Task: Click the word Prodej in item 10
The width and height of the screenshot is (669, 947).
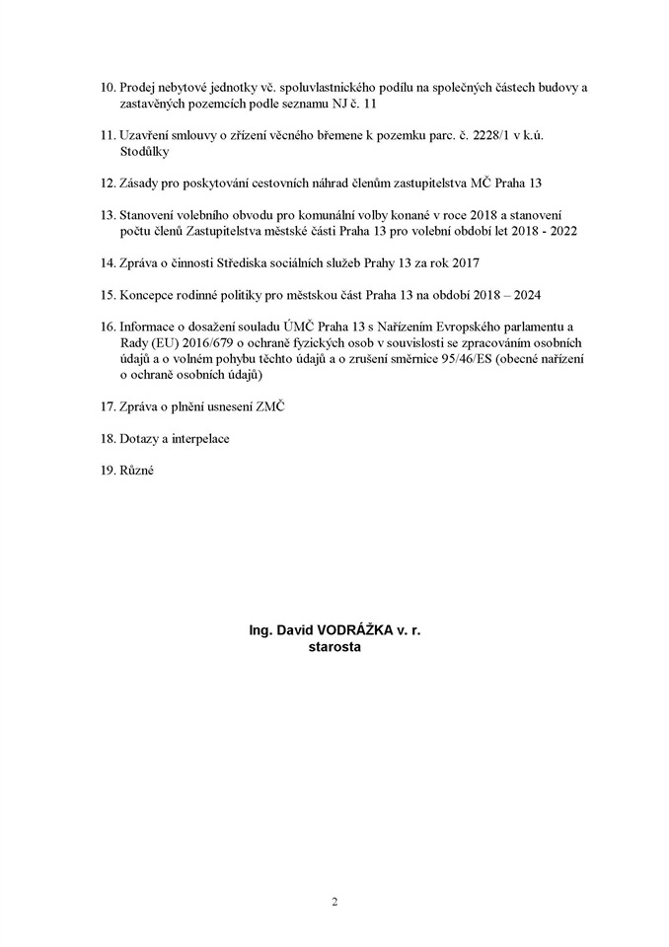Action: tap(137, 88)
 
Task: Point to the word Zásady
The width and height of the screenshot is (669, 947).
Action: tap(139, 183)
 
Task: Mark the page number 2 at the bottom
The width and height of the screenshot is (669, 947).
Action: tap(334, 901)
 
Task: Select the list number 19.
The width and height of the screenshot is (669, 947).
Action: tap(108, 471)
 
